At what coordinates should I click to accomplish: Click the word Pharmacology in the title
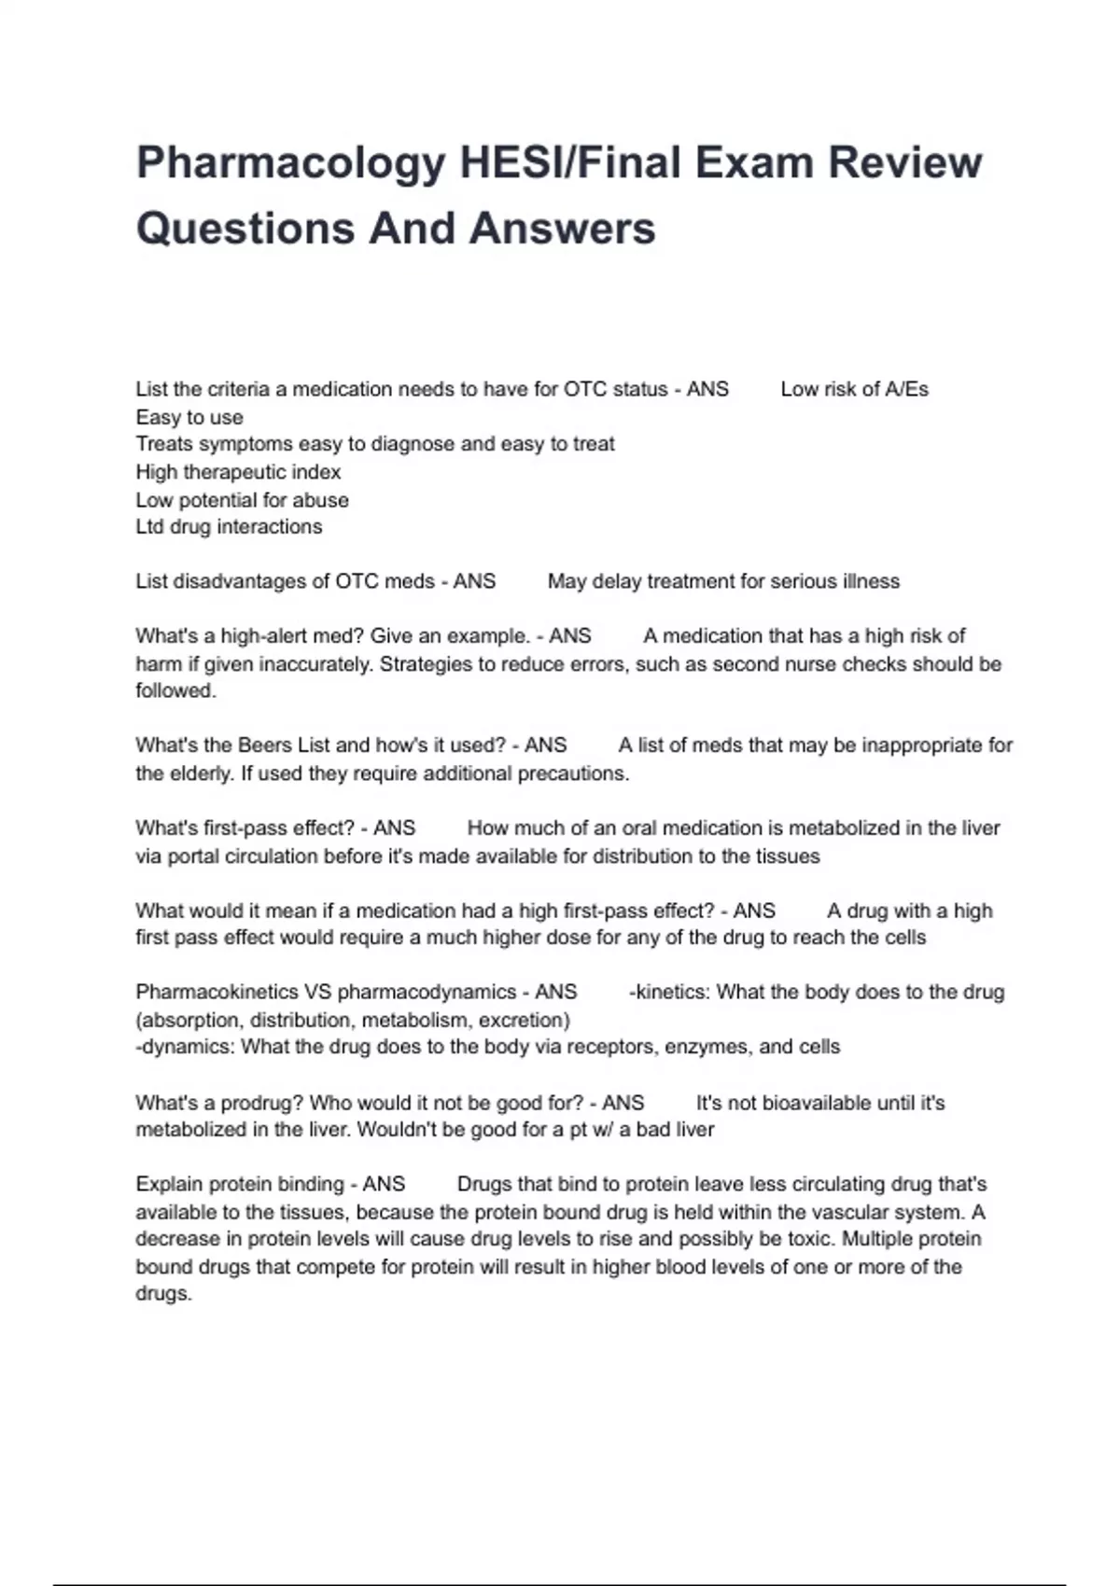pyautogui.click(x=290, y=164)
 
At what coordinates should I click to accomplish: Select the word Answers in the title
pyautogui.click(x=563, y=229)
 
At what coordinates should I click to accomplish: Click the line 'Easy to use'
pyautogui.click(x=189, y=417)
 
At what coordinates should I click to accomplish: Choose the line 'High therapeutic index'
pyautogui.click(x=238, y=472)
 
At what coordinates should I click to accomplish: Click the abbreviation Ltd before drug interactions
pyautogui.click(x=149, y=527)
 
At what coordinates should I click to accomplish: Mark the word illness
pyautogui.click(x=869, y=581)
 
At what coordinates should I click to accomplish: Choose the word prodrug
pyautogui.click(x=260, y=1103)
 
